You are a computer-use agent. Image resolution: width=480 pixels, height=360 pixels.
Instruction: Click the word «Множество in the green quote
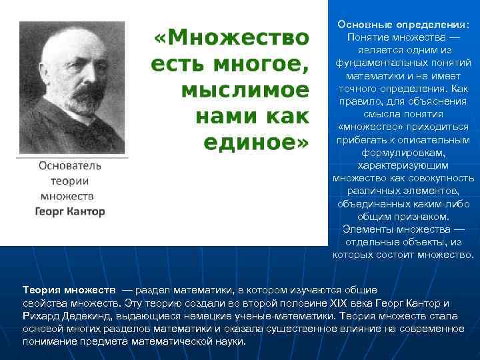pyautogui.click(x=232, y=37)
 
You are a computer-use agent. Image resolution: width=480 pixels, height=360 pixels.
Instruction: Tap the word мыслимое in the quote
pyautogui.click(x=245, y=91)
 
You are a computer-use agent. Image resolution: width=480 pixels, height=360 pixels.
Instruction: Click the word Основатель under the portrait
pyautogui.click(x=69, y=165)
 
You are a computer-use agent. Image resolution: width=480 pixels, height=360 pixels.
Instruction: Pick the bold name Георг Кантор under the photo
pyautogui.click(x=70, y=211)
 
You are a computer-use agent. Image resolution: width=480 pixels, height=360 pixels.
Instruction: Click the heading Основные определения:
pyautogui.click(x=403, y=24)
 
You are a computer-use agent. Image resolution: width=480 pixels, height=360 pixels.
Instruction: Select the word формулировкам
pyautogui.click(x=403, y=153)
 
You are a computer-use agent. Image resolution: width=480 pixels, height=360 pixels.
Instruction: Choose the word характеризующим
pyautogui.click(x=403, y=165)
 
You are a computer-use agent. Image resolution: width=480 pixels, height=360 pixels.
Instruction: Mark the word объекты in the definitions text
pyautogui.click(x=422, y=242)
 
